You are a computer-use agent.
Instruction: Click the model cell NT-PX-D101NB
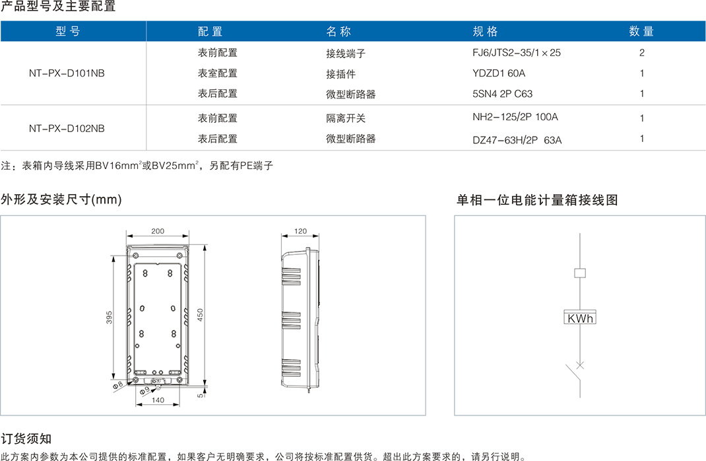click(x=67, y=73)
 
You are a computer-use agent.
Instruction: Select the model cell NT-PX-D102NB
click(x=67, y=129)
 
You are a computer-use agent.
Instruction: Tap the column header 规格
click(x=485, y=32)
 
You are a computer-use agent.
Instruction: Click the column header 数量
click(x=641, y=32)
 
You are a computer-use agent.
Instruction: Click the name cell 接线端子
click(x=346, y=53)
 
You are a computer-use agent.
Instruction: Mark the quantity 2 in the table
click(x=641, y=52)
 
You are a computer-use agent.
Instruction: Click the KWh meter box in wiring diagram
click(x=580, y=318)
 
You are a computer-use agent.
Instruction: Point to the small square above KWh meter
click(x=580, y=272)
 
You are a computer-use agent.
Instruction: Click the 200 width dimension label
click(x=158, y=231)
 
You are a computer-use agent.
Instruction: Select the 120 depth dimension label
click(x=300, y=231)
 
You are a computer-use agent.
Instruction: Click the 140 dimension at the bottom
click(x=158, y=400)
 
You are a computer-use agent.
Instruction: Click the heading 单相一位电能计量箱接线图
click(x=537, y=200)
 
